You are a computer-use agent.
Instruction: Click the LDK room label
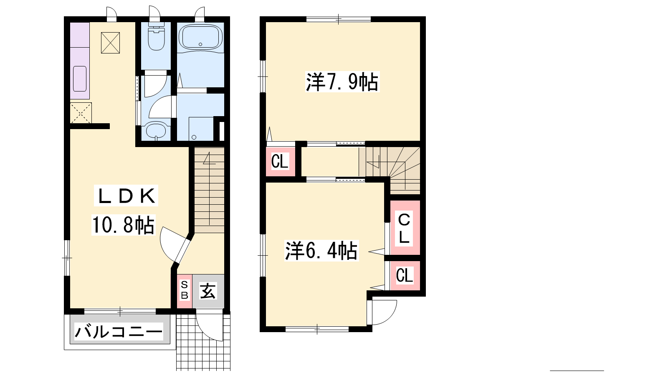(x=126, y=196)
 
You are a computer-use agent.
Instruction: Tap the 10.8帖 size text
(x=123, y=225)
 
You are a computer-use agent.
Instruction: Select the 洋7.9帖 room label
(x=342, y=81)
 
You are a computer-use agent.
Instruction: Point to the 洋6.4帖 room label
(x=321, y=251)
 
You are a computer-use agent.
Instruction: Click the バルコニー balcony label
(x=119, y=332)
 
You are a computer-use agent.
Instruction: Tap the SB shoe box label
(x=185, y=290)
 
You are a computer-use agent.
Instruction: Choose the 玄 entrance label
(x=208, y=291)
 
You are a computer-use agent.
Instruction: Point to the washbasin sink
(x=156, y=131)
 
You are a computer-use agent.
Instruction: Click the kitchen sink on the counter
(x=80, y=79)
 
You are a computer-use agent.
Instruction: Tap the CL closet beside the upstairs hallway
(x=280, y=161)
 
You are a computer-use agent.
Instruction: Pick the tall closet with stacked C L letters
(x=405, y=228)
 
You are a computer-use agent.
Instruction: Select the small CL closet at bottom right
(x=405, y=275)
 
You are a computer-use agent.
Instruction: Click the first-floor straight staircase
(x=209, y=190)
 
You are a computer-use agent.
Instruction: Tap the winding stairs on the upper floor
(x=390, y=170)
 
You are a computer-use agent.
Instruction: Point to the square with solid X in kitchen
(x=110, y=43)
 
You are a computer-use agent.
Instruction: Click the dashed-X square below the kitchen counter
(x=81, y=113)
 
